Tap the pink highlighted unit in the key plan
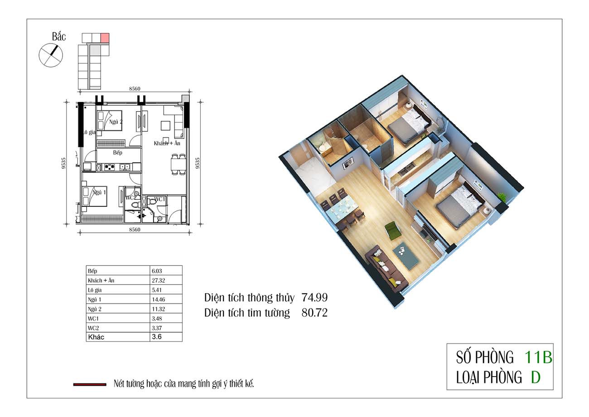click(105, 38)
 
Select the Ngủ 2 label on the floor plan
click(116, 122)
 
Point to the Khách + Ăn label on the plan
click(167, 143)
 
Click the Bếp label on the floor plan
click(117, 153)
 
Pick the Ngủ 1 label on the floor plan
click(99, 192)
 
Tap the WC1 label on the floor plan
click(159, 199)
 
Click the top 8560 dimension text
click(135, 89)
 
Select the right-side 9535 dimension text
click(198, 163)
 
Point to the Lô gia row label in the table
click(95, 290)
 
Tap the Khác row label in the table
click(96, 337)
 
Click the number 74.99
click(314, 298)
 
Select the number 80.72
click(314, 313)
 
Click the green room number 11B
click(538, 357)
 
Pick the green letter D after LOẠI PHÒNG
click(536, 377)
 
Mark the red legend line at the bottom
click(90, 385)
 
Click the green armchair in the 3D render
click(393, 231)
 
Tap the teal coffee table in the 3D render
click(406, 255)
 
